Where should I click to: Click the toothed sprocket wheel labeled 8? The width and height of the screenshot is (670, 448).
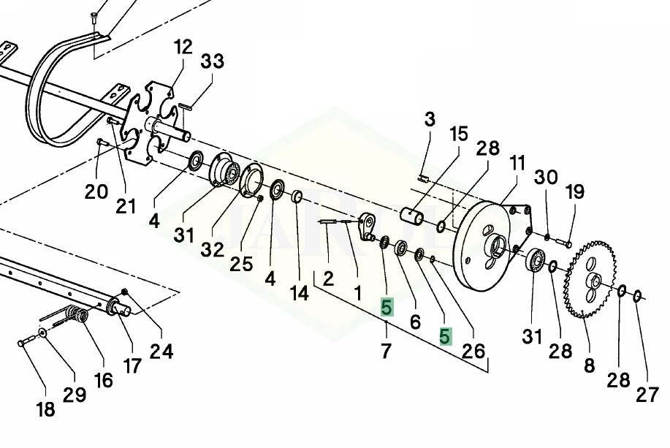(590, 280)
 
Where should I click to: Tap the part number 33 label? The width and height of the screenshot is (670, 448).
(213, 61)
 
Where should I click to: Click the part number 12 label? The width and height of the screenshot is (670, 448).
(183, 47)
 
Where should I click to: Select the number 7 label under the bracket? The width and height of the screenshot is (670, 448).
(387, 351)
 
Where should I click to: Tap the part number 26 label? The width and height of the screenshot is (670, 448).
(474, 351)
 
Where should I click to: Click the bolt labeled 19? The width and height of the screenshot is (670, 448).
(564, 243)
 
